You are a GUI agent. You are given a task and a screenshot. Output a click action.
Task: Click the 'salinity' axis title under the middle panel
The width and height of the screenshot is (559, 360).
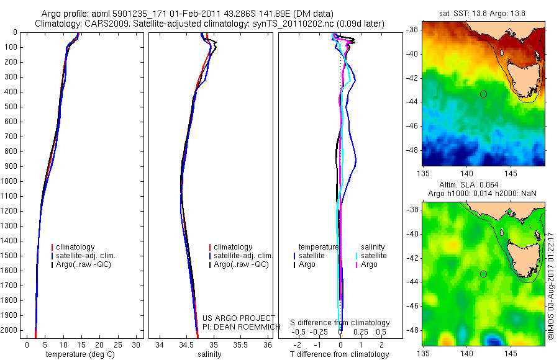pyautogui.click(x=209, y=354)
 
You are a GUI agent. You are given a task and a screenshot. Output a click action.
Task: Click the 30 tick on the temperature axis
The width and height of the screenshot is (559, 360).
pyautogui.click(x=137, y=344)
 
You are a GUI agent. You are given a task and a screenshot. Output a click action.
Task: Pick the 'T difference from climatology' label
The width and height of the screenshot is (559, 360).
pyautogui.click(x=340, y=354)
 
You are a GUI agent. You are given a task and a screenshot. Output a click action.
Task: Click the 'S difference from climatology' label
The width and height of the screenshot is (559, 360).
pyautogui.click(x=340, y=323)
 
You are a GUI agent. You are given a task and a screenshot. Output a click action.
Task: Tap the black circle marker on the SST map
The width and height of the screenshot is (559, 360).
pyautogui.click(x=483, y=94)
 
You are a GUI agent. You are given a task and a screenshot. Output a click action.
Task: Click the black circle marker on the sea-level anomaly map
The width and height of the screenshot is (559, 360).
pyautogui.click(x=483, y=274)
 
